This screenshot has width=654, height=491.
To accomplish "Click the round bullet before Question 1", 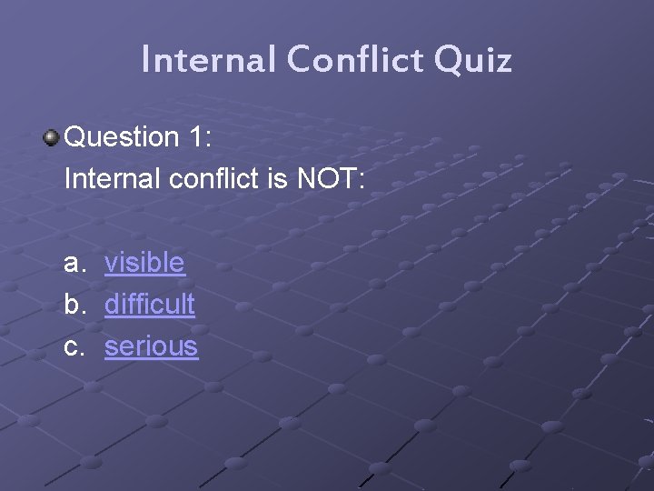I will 52,137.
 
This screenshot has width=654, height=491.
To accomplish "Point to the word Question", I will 123,137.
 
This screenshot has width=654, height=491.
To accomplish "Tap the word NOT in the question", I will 326,178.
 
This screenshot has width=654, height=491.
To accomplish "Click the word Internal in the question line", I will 114,178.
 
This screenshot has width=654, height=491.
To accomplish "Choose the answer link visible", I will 144,263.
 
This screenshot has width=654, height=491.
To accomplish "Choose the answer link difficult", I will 149,305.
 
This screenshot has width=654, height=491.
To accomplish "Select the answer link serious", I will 151,346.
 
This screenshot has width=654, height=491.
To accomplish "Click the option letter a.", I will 73,264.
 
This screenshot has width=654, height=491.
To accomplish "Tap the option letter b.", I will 73,305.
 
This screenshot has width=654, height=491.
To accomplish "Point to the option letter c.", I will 73,346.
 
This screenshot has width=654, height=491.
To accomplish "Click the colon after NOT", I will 362,180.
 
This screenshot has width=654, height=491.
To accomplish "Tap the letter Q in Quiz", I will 448,61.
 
